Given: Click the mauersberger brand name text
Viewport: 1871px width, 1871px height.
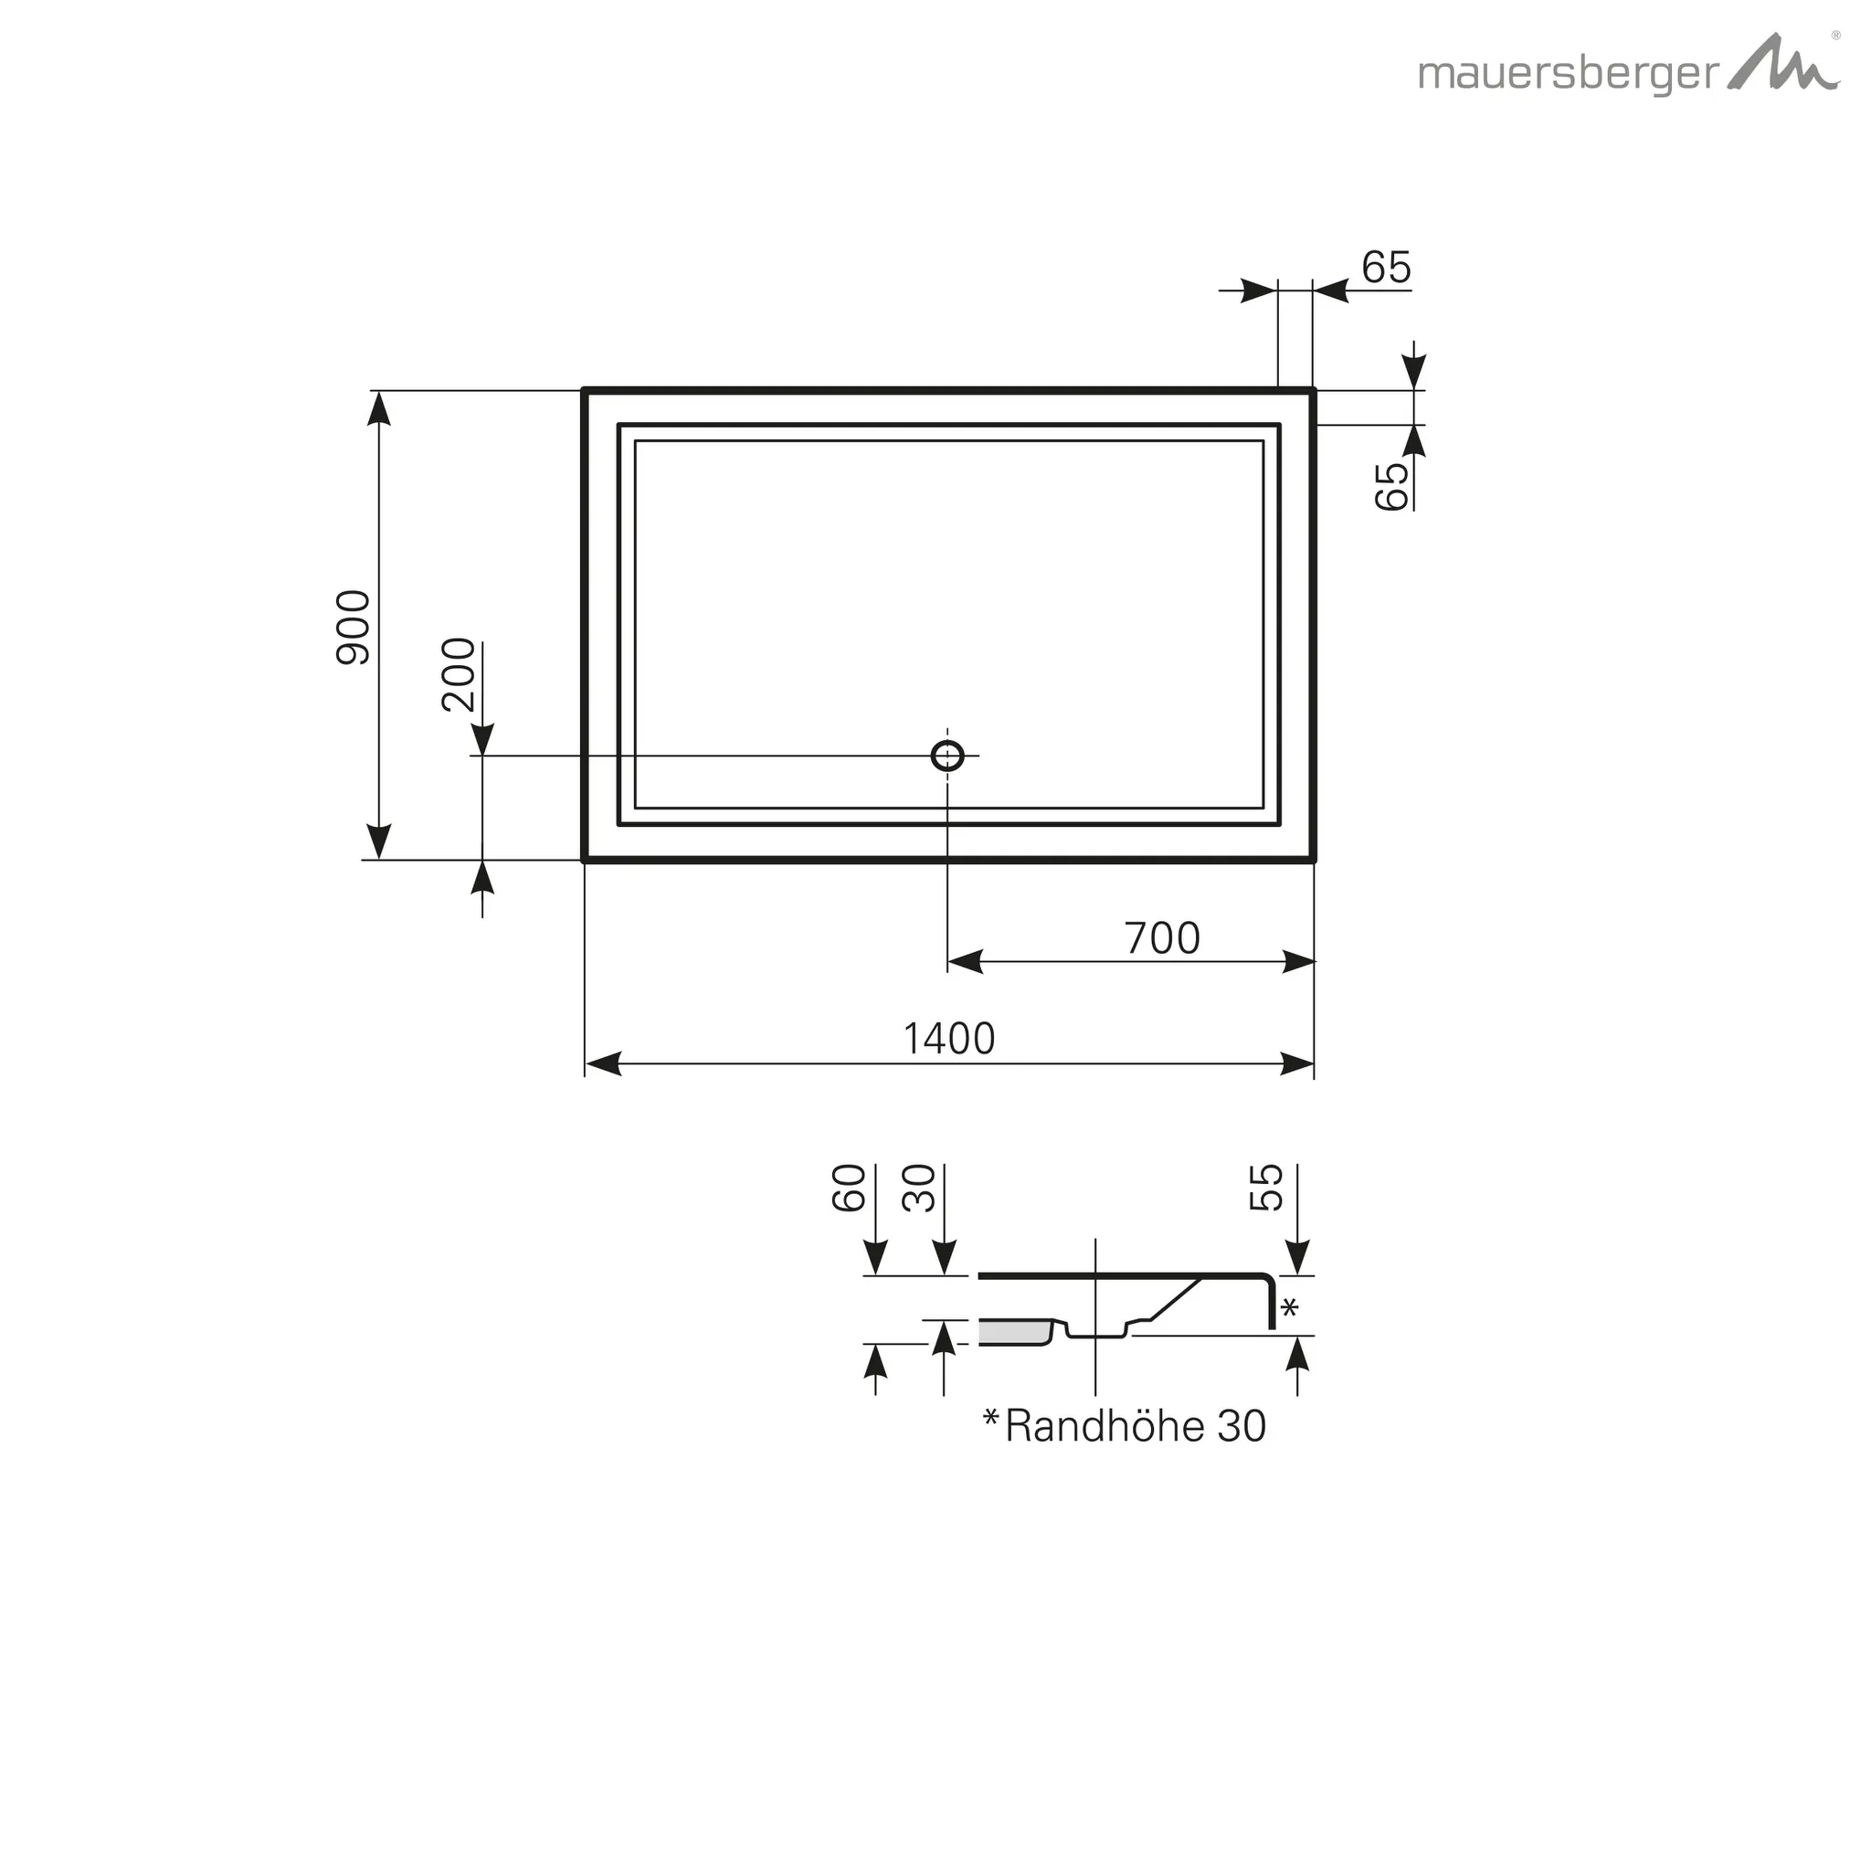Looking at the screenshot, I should coord(1569,75).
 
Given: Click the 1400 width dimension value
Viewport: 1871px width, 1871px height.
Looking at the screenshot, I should coord(949,1039).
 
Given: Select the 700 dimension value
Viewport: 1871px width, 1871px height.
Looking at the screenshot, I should coord(1162,938).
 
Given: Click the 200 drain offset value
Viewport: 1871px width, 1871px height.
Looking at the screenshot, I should coord(459,675).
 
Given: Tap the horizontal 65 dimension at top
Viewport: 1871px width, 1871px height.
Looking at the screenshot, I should coord(1386,268).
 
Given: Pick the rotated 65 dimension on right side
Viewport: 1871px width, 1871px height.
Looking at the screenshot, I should coord(1391,485).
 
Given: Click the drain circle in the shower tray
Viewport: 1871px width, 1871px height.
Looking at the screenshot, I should coord(947,756).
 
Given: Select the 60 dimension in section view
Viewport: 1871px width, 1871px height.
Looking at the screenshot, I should coord(849,1188).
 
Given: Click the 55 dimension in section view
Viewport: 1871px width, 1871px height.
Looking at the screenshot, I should coord(1267,1188).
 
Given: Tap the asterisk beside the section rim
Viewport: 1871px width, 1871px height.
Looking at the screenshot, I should coord(1290,1309).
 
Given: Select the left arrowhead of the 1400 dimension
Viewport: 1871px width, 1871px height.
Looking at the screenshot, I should coord(603,1063).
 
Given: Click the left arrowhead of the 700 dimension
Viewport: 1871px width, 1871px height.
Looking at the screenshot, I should coord(965,962).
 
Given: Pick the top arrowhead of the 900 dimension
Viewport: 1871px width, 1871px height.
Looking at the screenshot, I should coord(380,408).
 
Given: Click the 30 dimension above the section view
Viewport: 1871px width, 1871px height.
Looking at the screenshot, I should coord(919,1188).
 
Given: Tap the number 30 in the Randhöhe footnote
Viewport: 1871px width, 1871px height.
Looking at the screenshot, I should coord(1242,1426).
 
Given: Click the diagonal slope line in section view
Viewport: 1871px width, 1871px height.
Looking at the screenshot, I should coord(1176,1299).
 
